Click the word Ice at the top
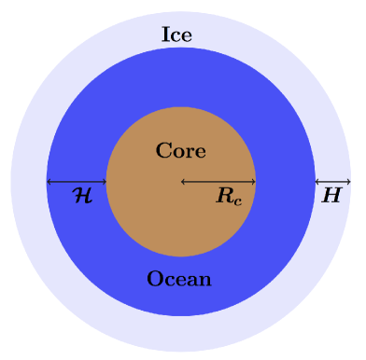(176, 35)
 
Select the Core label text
(180, 150)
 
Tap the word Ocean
(179, 279)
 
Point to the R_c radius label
(230, 197)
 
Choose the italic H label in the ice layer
(331, 196)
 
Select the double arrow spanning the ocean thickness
(77, 181)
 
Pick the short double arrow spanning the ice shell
(332, 181)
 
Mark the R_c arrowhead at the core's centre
(183, 181)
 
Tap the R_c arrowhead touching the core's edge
(252, 181)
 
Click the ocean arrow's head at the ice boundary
(49, 181)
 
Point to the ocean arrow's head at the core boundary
(104, 181)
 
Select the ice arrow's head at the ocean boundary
(317, 181)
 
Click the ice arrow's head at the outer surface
(347, 181)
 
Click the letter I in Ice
(165, 35)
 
